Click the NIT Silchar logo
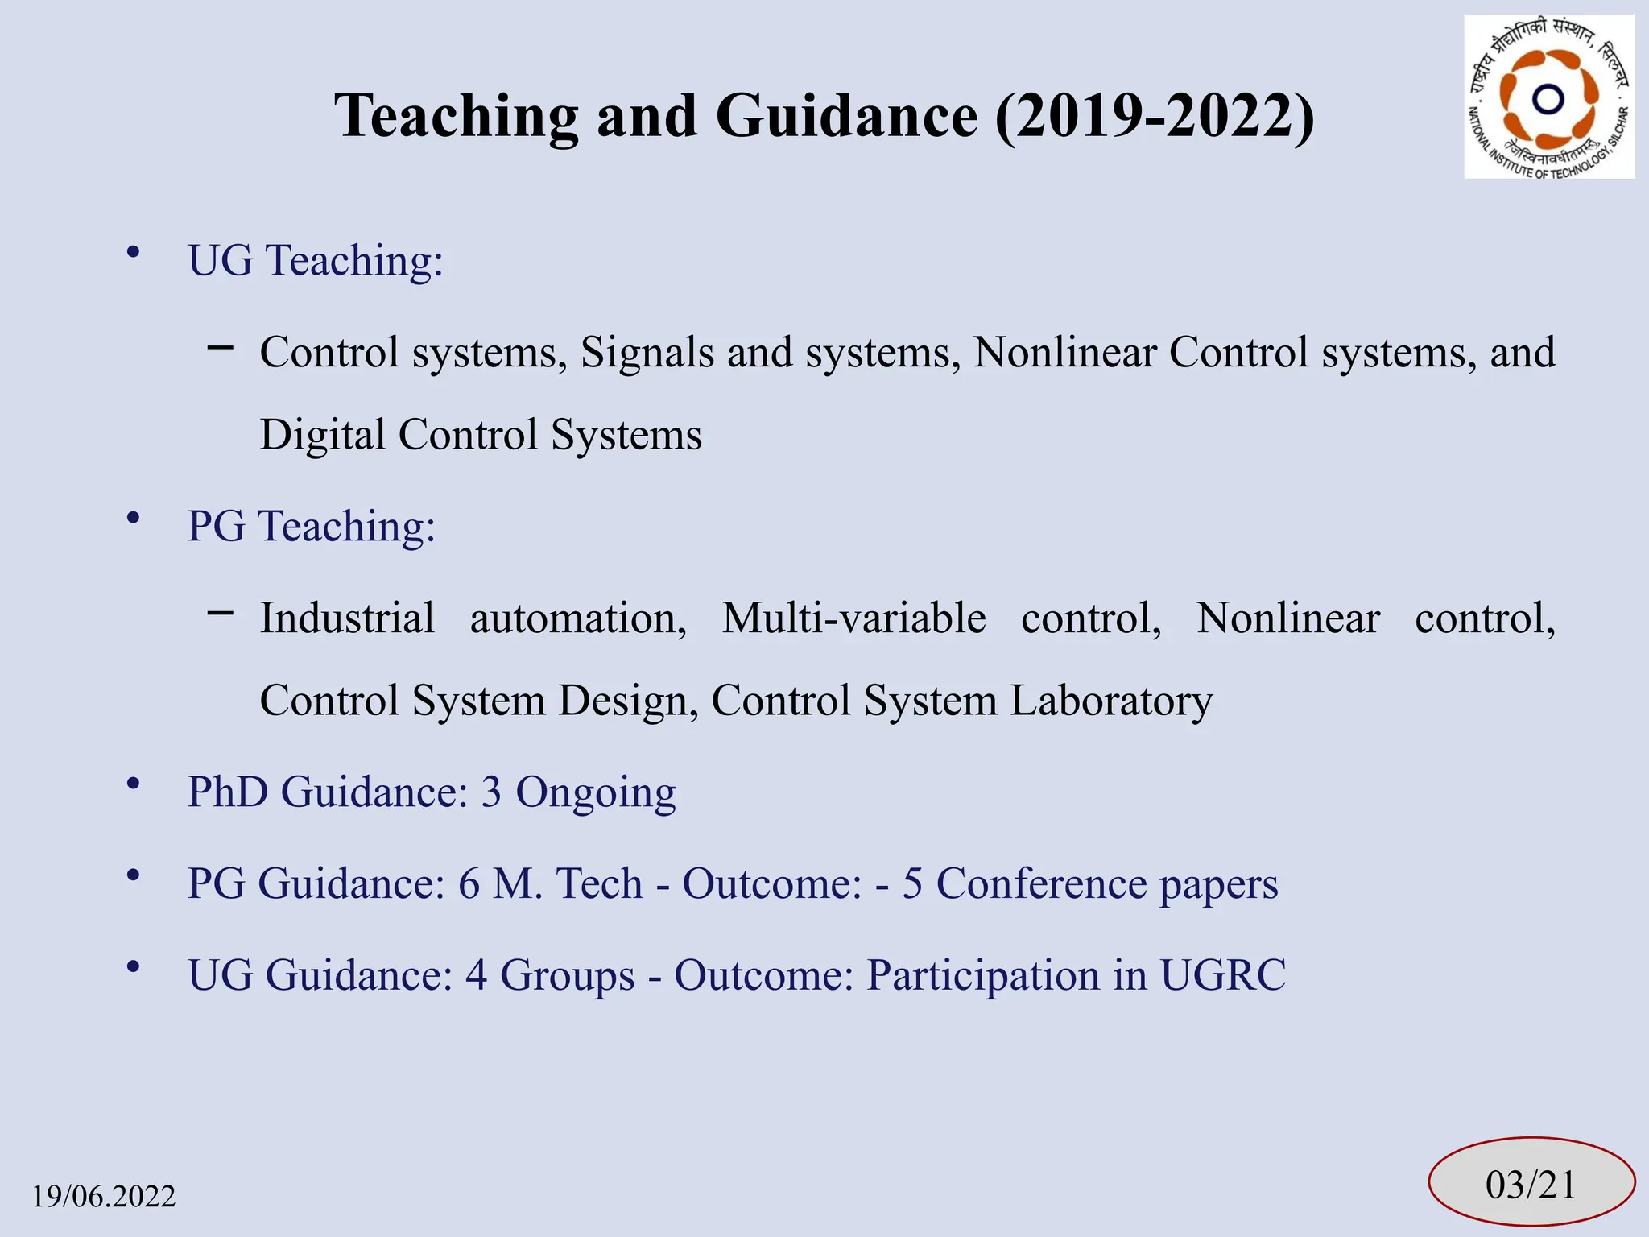[x=1548, y=97]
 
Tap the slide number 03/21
[x=1531, y=1185]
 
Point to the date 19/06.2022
[x=104, y=1197]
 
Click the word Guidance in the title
[x=845, y=116]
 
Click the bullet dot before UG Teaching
[x=134, y=253]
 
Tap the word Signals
[x=647, y=353]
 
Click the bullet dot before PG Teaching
[x=134, y=519]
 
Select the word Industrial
[x=347, y=618]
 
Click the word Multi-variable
[x=853, y=618]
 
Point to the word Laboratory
[x=1111, y=701]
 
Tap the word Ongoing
[x=596, y=792]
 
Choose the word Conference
[x=1040, y=883]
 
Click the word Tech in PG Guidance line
[x=599, y=883]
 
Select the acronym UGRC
[x=1222, y=975]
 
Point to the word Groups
[x=568, y=975]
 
